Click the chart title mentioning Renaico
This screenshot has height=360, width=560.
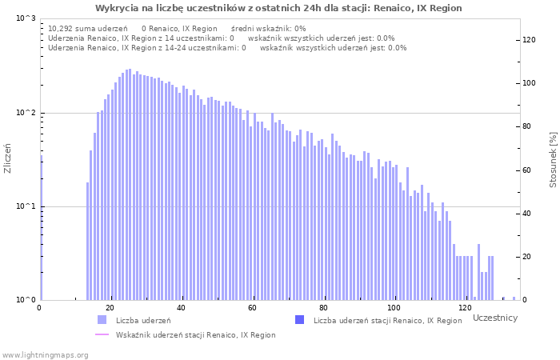pyautogui.click(x=278, y=8)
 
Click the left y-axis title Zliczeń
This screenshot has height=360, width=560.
pyautogui.click(x=8, y=158)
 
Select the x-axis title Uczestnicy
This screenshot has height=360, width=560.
pyautogui.click(x=494, y=318)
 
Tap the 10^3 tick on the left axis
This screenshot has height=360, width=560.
pyautogui.click(x=26, y=18)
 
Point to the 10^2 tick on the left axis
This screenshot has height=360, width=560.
pyautogui.click(x=26, y=113)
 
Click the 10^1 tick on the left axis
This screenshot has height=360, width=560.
pyautogui.click(x=26, y=206)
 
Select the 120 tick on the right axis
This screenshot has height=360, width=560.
pyautogui.click(x=530, y=40)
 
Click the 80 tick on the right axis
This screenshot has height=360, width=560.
pyautogui.click(x=530, y=126)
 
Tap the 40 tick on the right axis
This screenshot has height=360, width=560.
pyautogui.click(x=530, y=214)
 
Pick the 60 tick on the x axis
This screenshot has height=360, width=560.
pyautogui.click(x=253, y=308)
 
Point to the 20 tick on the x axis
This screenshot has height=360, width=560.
pyautogui.click(x=110, y=308)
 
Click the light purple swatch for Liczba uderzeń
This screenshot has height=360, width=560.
pyautogui.click(x=102, y=320)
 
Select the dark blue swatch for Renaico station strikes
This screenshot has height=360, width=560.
pyautogui.click(x=300, y=320)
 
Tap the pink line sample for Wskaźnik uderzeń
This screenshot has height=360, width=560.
pyautogui.click(x=102, y=334)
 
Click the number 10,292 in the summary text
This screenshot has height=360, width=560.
pyautogui.click(x=62, y=28)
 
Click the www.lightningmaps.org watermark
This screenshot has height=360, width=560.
pyautogui.click(x=45, y=354)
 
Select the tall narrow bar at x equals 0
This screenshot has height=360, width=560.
pyautogui.click(x=41, y=232)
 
